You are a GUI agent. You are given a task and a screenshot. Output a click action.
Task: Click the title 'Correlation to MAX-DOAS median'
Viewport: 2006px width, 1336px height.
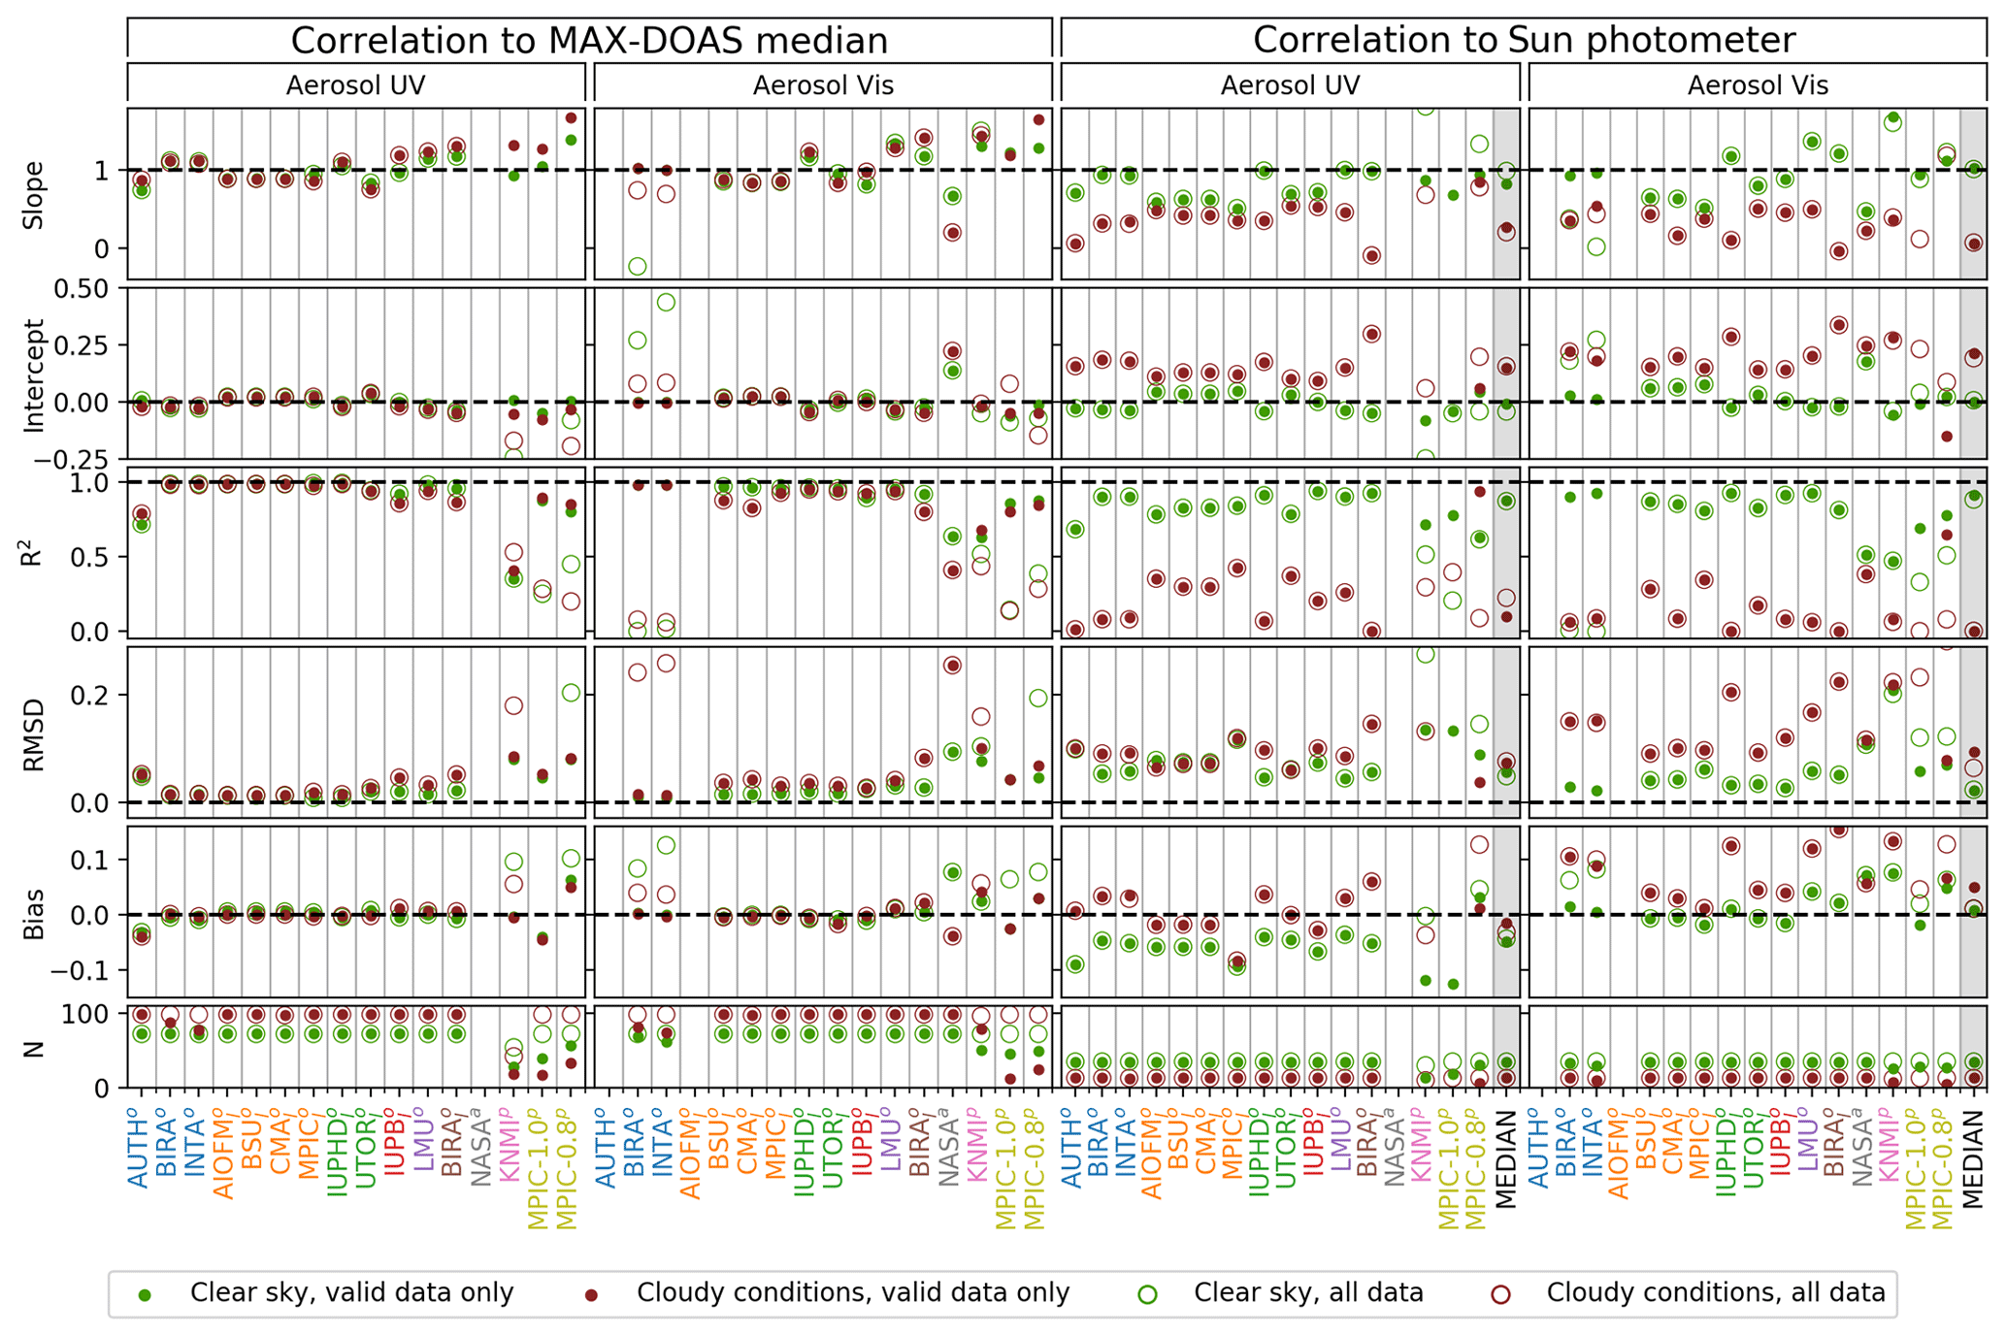(589, 41)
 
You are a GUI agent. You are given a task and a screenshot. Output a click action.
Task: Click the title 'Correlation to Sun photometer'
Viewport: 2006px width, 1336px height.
(1524, 40)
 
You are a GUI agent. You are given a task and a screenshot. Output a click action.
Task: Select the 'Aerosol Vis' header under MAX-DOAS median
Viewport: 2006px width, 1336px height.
(823, 85)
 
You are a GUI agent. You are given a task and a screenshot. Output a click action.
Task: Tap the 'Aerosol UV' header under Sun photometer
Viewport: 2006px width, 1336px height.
(1290, 85)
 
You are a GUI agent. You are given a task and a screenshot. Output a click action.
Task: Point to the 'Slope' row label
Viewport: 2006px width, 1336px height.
(34, 194)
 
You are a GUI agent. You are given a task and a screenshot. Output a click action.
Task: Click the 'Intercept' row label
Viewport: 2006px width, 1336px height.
(34, 375)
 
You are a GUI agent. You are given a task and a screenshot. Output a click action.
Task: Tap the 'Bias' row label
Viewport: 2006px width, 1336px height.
(34, 913)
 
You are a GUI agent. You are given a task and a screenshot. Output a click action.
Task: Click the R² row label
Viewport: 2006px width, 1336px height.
(34, 552)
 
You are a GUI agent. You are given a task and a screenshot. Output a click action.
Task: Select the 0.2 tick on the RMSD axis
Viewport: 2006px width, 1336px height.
(98, 695)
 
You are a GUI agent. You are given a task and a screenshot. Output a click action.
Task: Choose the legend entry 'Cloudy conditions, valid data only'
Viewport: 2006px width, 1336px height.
(852, 1293)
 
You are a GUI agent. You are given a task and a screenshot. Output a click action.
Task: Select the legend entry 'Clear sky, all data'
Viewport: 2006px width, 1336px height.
(1308, 1293)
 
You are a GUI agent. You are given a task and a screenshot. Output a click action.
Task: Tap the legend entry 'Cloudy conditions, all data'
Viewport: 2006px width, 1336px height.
(1715, 1293)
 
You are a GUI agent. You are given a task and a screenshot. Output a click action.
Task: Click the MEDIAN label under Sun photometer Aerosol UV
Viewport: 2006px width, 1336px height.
(1506, 1160)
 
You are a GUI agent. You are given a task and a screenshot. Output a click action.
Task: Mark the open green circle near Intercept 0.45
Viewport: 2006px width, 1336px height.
(666, 303)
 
